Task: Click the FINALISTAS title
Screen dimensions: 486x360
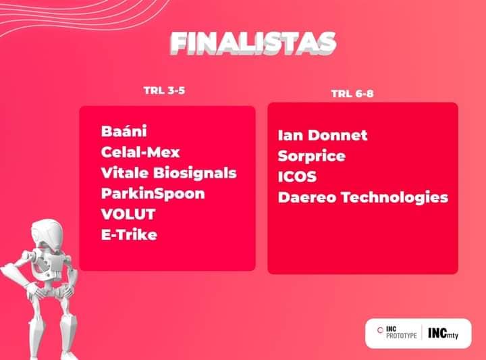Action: pyautogui.click(x=253, y=43)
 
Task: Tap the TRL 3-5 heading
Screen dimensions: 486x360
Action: pyautogui.click(x=164, y=91)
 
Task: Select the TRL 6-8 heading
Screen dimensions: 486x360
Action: pyautogui.click(x=352, y=94)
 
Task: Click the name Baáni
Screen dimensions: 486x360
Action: pyautogui.click(x=124, y=131)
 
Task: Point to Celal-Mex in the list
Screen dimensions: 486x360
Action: pyautogui.click(x=140, y=152)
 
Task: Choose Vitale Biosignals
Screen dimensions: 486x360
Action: pyautogui.click(x=169, y=173)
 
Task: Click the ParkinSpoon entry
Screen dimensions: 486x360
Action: pyautogui.click(x=153, y=194)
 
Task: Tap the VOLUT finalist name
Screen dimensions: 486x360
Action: pyautogui.click(x=128, y=214)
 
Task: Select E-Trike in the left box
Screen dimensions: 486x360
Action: pyautogui.click(x=129, y=235)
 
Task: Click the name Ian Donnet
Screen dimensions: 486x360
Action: pyautogui.click(x=323, y=135)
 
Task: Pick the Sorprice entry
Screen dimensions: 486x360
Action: pyautogui.click(x=311, y=156)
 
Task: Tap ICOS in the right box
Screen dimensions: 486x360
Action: pyautogui.click(x=297, y=177)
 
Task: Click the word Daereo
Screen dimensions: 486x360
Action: pyautogui.click(x=307, y=197)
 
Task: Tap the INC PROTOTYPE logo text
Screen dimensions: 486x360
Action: pyautogui.click(x=402, y=332)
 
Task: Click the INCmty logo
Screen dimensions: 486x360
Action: pyautogui.click(x=443, y=333)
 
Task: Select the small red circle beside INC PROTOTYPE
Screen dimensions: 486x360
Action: pyautogui.click(x=380, y=330)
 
